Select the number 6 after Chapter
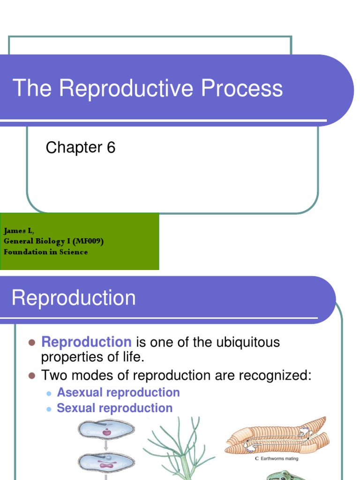111,148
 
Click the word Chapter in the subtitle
74,148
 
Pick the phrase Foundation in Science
45,252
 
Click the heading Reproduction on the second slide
74,298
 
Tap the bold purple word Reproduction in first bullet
86,342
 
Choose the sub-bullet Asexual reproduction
118,392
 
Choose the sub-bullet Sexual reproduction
114,408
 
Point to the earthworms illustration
277,436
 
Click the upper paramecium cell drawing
107,428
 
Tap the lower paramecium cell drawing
107,463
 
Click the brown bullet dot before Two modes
32,375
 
